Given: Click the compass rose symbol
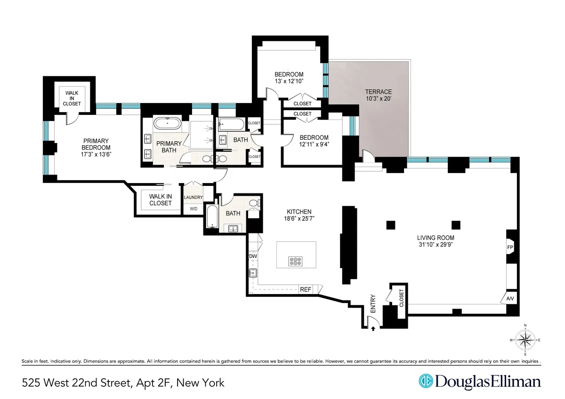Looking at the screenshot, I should coord(525,340).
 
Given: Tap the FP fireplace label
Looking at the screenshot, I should coord(510,247).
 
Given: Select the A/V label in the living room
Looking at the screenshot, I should coord(510,298).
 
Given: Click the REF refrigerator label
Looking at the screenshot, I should coord(306,289).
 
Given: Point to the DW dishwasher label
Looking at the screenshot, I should coord(253,256).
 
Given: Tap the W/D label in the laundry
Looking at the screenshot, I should coord(193,208).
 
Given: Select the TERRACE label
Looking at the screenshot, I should coord(379,92).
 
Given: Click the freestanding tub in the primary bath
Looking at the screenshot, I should coord(167,124).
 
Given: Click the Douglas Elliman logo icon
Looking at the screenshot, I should coord(426,382).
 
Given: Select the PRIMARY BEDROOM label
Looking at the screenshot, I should coord(96,144).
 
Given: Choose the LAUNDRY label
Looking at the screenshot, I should coord(194,198).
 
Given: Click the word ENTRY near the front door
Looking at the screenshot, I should coord(373,304).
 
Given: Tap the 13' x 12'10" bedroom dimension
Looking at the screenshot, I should coord(289,81).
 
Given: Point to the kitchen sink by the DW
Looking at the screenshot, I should coord(252,273).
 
